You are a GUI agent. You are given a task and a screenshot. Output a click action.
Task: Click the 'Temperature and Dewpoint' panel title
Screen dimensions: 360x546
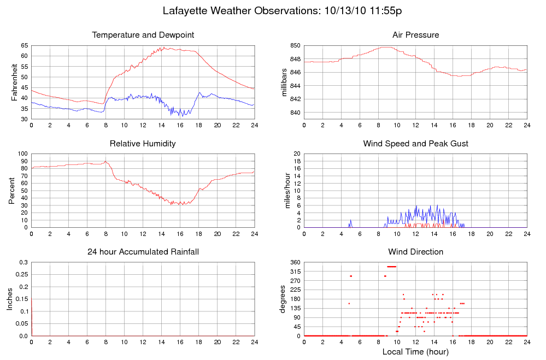[x=143, y=35]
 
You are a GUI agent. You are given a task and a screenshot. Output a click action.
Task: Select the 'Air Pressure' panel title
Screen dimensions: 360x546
[x=415, y=35]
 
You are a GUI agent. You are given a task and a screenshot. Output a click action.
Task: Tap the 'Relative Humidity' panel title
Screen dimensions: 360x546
[x=143, y=144]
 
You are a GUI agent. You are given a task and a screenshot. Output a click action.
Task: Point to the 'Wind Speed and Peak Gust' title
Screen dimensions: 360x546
[x=415, y=144]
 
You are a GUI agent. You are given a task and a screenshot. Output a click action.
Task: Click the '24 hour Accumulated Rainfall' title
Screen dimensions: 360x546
[x=143, y=252]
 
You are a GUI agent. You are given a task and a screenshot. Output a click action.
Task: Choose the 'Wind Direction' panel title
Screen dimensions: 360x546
[x=415, y=252]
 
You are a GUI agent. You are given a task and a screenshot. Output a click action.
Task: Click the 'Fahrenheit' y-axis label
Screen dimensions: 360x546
[x=14, y=82]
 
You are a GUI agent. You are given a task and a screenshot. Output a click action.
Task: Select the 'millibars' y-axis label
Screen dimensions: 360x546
[x=284, y=82]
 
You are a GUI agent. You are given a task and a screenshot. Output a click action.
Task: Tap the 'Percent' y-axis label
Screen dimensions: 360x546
[x=11, y=190]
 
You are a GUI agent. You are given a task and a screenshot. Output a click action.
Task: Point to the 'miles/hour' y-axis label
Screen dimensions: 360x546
[x=284, y=190]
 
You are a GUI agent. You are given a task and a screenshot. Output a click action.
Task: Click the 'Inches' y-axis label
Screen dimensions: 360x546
[x=9, y=299]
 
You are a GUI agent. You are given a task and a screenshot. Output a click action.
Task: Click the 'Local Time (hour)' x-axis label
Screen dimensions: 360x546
[x=415, y=351]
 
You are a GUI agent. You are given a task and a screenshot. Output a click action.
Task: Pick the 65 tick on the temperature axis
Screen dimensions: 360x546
[x=25, y=46]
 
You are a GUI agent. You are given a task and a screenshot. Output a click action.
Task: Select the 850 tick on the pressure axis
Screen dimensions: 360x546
[x=295, y=46]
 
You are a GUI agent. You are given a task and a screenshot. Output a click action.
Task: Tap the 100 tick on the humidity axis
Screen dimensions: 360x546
[x=23, y=154]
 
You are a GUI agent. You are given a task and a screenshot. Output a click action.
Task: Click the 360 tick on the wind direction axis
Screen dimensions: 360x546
[x=294, y=262]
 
